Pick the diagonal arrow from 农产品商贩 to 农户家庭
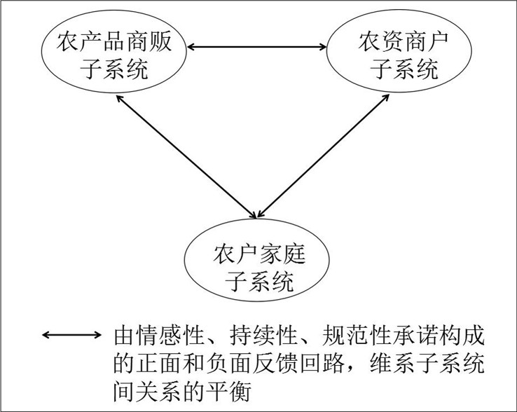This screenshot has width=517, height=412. pos(185,154)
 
